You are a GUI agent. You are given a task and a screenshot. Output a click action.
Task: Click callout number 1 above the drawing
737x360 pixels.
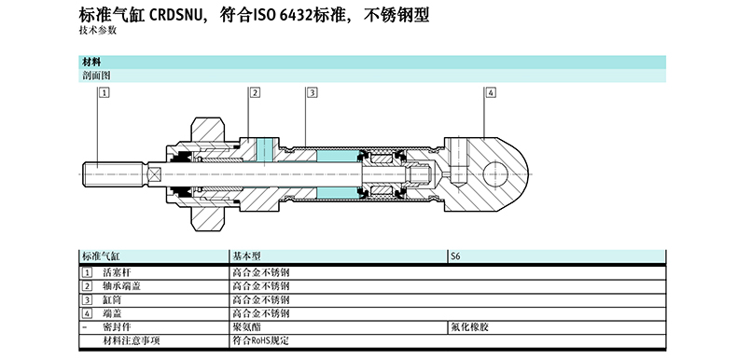104,92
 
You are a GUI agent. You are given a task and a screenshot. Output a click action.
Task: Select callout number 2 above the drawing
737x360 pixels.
256,92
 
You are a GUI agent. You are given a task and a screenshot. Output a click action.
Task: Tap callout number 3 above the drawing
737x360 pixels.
313,92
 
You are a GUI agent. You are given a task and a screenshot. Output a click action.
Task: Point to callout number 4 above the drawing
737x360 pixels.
491,92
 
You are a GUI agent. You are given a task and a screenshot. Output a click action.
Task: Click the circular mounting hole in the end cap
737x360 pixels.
495,174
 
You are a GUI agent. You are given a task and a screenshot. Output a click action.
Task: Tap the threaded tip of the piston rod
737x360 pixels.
114,174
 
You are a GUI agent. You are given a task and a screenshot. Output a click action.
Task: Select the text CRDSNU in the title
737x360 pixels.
178,16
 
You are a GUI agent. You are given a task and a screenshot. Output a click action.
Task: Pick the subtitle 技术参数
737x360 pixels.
98,31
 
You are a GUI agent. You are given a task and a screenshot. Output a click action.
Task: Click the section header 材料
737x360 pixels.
91,62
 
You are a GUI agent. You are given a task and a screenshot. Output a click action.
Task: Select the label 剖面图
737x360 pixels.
96,76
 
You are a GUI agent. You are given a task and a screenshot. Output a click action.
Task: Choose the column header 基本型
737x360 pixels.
247,256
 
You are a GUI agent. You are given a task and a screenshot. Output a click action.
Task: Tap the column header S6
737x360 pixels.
455,256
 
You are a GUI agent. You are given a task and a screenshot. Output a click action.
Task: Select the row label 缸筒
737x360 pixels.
112,299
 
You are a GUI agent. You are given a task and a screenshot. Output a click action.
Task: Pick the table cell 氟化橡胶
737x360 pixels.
469,326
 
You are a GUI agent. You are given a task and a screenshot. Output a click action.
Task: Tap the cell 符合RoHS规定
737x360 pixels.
261,340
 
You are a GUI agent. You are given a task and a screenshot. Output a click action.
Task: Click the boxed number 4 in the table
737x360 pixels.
87,313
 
